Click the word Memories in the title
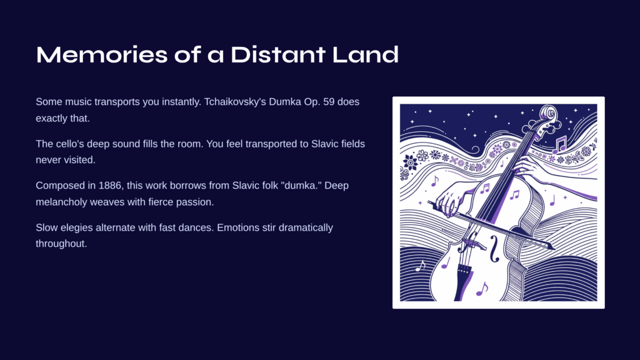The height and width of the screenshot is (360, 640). tap(102, 55)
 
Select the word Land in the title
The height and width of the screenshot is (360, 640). tap(365, 55)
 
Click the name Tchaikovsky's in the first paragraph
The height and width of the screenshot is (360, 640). tap(235, 102)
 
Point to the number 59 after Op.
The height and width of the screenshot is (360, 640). tap(329, 102)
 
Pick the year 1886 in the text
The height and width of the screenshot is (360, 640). tap(110, 186)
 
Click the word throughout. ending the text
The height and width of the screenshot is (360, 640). tap(61, 244)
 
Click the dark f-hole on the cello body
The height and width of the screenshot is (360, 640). tap(494, 249)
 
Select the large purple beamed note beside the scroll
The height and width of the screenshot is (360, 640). tap(559, 145)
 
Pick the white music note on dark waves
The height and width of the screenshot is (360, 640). tap(420, 266)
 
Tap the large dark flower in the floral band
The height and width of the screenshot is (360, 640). tap(410, 162)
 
